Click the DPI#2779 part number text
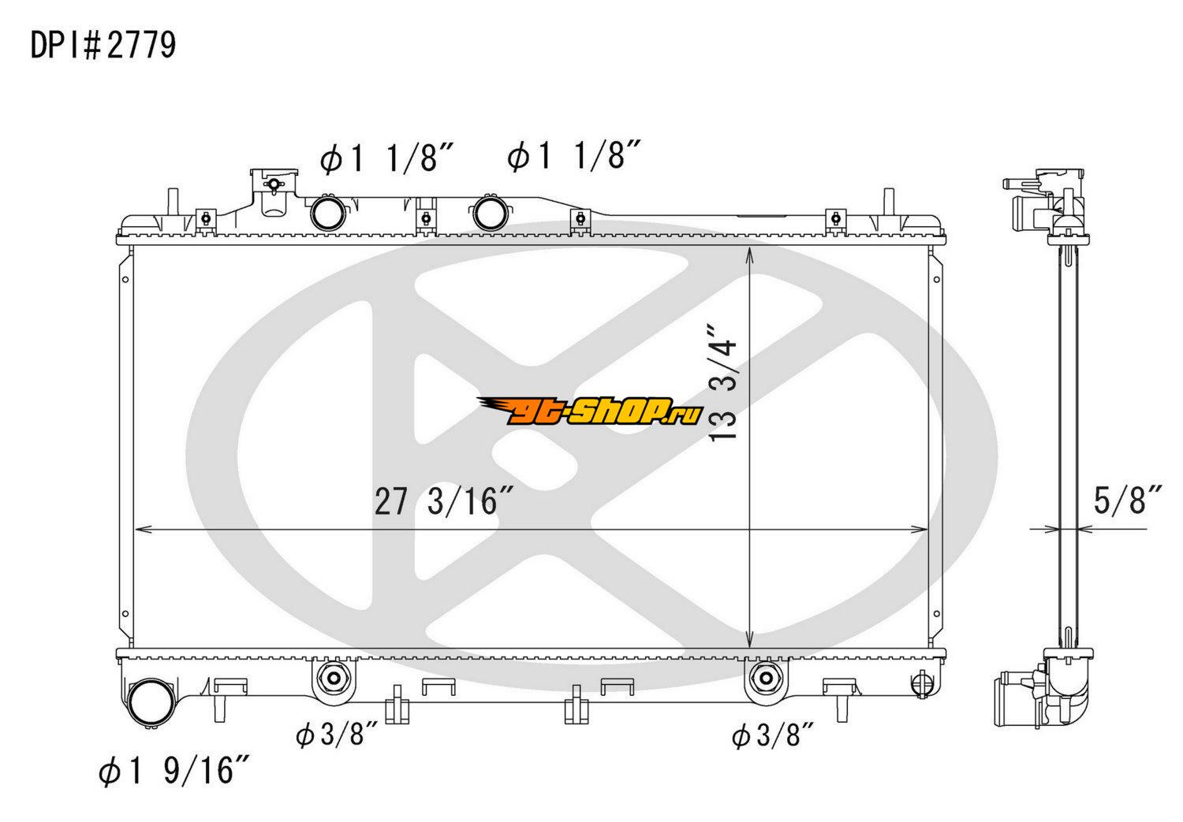(103, 46)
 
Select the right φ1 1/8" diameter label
(574, 155)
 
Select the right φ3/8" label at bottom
(773, 735)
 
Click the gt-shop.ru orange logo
(590, 411)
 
